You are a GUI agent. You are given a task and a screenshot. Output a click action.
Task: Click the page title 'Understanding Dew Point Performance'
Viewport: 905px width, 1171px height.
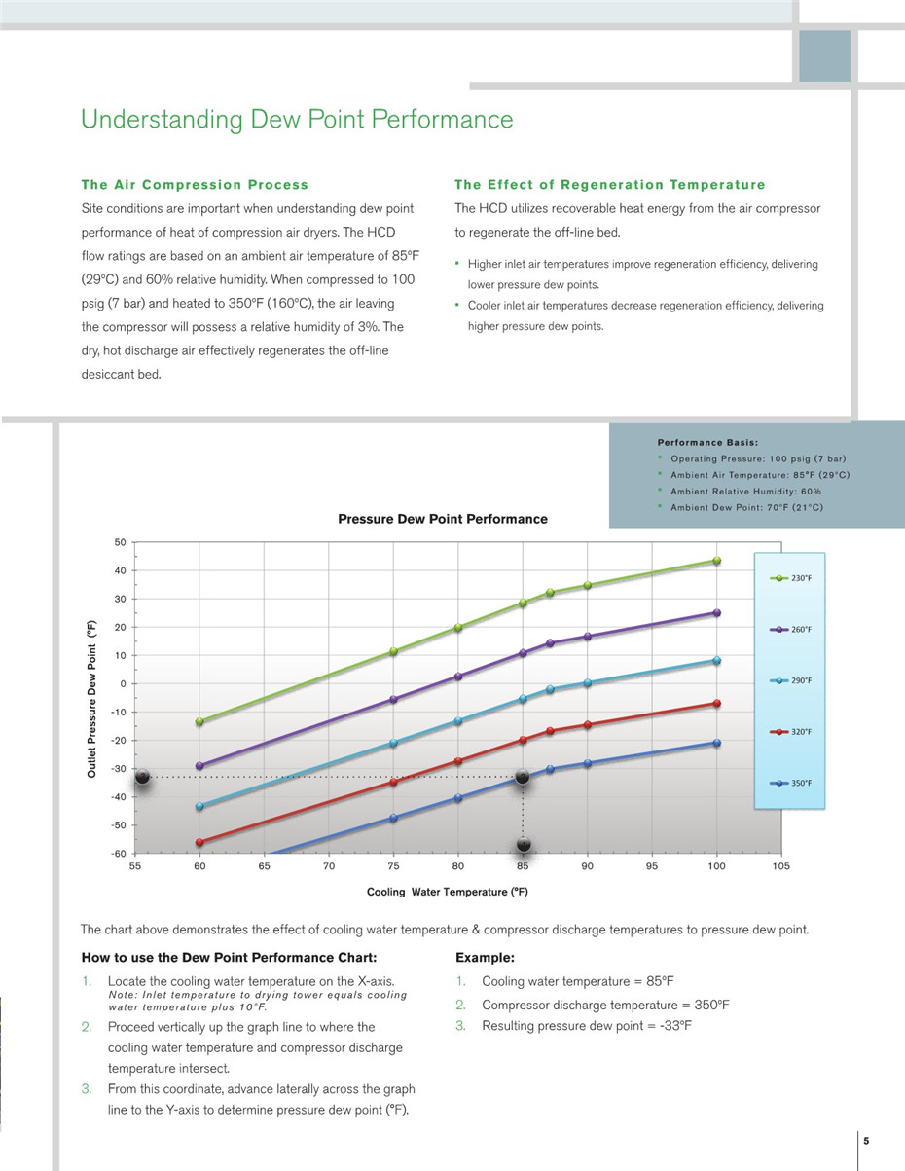[x=297, y=120]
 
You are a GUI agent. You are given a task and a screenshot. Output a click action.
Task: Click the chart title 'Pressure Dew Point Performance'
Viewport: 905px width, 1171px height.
[x=443, y=519]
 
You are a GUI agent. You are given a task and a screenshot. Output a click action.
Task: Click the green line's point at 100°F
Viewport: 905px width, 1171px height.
[x=716, y=561]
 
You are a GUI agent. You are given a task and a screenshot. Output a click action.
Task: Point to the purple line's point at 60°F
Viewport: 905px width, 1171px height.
[x=199, y=766]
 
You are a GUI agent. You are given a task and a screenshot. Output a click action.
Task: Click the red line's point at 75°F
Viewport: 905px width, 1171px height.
[x=394, y=782]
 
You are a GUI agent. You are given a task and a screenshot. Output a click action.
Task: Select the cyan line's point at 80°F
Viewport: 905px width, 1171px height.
[x=458, y=721]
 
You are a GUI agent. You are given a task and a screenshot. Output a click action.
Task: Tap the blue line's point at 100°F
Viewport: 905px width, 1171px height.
[x=716, y=743]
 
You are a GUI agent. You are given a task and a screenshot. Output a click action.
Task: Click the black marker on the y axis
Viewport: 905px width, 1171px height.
[x=142, y=777]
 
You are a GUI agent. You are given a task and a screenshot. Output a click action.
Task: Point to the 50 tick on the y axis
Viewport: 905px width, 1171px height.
[x=121, y=541]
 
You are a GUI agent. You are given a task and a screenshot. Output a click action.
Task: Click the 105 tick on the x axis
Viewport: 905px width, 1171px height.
[x=780, y=866]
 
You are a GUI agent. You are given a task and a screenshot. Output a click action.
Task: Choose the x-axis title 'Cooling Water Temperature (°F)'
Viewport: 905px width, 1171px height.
[x=447, y=892]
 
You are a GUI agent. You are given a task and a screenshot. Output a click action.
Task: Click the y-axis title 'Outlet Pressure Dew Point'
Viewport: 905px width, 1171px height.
[x=91, y=698]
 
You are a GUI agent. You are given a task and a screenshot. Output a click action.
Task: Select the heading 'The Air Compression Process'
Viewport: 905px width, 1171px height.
[x=195, y=185]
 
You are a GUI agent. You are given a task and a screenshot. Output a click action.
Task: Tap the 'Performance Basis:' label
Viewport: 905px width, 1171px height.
[x=707, y=443]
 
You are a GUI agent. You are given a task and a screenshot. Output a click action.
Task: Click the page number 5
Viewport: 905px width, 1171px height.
[x=865, y=1141]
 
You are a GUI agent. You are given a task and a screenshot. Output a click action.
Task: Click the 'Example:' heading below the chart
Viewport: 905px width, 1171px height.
[x=485, y=958]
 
